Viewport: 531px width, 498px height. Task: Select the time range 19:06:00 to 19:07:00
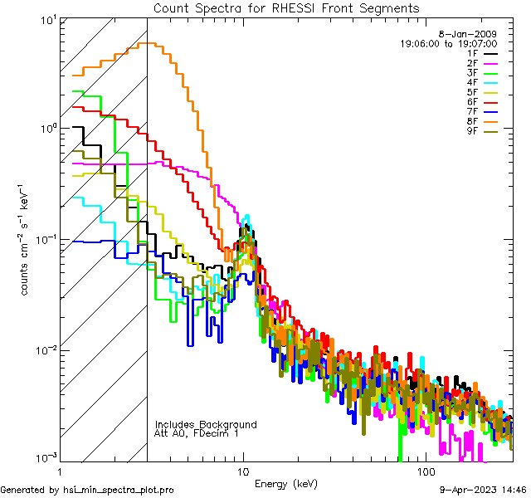[x=449, y=43]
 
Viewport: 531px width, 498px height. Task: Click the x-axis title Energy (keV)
[x=286, y=484]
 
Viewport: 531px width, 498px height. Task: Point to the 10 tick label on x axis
[x=242, y=471]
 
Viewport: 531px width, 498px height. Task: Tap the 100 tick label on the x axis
[x=425, y=471]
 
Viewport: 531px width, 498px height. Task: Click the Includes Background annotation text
[x=206, y=424]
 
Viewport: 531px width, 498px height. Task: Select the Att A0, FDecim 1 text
[x=197, y=433]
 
